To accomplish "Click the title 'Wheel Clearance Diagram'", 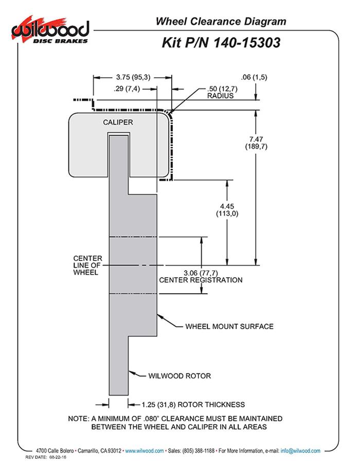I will coord(221,21).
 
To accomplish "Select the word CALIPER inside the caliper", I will coord(118,122).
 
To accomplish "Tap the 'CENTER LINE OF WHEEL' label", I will coord(87,265).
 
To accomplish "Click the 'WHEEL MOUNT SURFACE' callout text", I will coord(229,326).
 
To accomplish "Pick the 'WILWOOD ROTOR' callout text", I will coord(179,376).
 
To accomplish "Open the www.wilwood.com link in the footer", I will coord(145,451).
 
